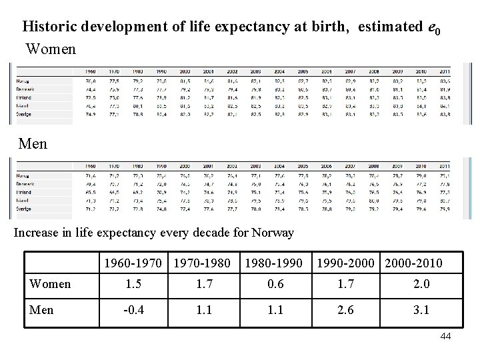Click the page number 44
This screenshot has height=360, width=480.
pyautogui.click(x=445, y=336)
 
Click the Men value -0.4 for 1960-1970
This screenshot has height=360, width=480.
pyautogui.click(x=133, y=309)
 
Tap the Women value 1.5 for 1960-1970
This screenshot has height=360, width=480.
pyautogui.click(x=133, y=284)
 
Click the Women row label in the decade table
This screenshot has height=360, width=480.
pyautogui.click(x=51, y=284)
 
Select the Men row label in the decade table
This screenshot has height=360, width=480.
pyautogui.click(x=42, y=309)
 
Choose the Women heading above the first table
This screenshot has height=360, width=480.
pyautogui.click(x=51, y=49)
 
